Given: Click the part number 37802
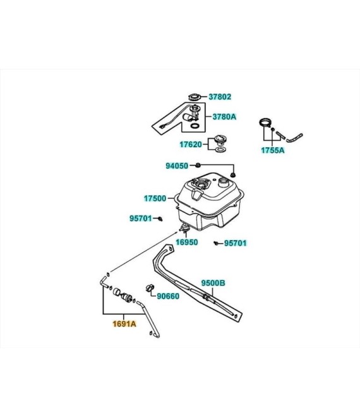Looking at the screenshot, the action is click(x=220, y=97).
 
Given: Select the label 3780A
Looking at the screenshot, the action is click(x=224, y=117).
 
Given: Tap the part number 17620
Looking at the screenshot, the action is click(x=191, y=145).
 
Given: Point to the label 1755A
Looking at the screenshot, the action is click(x=272, y=150).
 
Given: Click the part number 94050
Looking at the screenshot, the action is click(x=177, y=166).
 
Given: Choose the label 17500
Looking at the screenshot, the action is click(x=155, y=198).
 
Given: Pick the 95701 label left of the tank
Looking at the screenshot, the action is click(x=141, y=219).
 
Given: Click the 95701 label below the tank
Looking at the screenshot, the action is click(x=236, y=243).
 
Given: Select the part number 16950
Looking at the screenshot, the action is click(x=187, y=242).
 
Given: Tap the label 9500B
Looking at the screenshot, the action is click(x=213, y=283).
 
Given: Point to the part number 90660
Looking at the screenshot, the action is click(x=168, y=296).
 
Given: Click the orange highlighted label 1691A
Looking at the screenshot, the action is click(x=124, y=324).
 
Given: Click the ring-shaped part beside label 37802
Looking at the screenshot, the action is click(x=195, y=97).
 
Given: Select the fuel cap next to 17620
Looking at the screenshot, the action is click(x=220, y=140).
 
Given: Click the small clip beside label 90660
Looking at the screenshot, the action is click(x=150, y=287).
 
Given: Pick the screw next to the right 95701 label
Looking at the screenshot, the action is click(x=217, y=243).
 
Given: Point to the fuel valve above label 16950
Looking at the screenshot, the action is click(x=184, y=227).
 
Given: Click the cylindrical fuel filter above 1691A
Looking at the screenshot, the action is click(x=122, y=294).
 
